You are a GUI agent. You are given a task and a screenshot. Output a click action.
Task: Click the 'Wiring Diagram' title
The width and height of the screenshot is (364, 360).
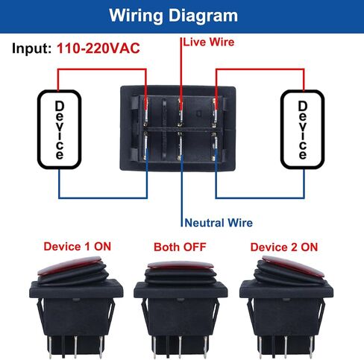coord(173,16)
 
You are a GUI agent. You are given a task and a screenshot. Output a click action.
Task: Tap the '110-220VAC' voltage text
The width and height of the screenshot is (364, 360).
coord(98,48)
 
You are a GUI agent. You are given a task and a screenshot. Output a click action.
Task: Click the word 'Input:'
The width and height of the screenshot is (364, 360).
coord(31,48)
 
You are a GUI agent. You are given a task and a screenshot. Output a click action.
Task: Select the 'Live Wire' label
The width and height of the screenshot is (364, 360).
coord(209,42)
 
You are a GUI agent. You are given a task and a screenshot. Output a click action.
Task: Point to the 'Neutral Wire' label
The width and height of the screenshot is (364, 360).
coord(219,223)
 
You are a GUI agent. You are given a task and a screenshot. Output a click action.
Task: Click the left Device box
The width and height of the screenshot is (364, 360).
coord(38,129)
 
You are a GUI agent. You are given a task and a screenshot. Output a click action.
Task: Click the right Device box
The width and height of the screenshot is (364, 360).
coord(281,129)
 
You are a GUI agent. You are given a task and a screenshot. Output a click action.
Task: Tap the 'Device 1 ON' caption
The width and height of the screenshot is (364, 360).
coord(78,247)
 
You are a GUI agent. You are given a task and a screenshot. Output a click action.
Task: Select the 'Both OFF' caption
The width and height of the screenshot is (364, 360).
coord(180,247)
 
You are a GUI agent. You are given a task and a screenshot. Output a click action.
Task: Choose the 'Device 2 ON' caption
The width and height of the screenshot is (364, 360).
coord(284,247)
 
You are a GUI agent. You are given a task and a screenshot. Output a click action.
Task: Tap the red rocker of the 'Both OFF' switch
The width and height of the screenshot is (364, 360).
coord(181,265)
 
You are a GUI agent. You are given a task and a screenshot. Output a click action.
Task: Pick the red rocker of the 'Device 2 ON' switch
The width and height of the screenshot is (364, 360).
coord(293,266)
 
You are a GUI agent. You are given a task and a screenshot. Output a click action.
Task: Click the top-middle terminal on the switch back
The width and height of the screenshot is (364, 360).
coord(181,113)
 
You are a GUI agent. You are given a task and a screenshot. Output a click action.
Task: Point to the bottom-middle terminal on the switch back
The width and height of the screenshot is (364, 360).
coord(181,146)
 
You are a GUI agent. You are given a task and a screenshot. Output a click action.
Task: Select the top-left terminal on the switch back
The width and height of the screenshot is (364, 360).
coord(146,112)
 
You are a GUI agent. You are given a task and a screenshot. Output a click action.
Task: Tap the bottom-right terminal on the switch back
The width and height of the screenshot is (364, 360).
coord(214,147)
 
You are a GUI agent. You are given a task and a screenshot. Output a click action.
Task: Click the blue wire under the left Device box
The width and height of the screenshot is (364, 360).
coord(103,198)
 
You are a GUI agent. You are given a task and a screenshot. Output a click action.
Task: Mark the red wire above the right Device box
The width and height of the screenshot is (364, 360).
coord(260,69)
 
